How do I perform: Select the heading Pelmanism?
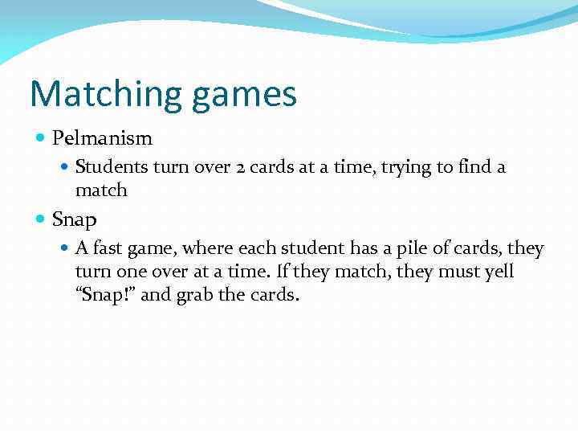[x=102, y=138]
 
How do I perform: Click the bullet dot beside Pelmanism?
[x=41, y=138]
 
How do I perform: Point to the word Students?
[x=109, y=167]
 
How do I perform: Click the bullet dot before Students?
[x=66, y=167]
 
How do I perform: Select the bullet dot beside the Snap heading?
[x=41, y=219]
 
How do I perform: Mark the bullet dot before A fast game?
[x=66, y=249]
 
